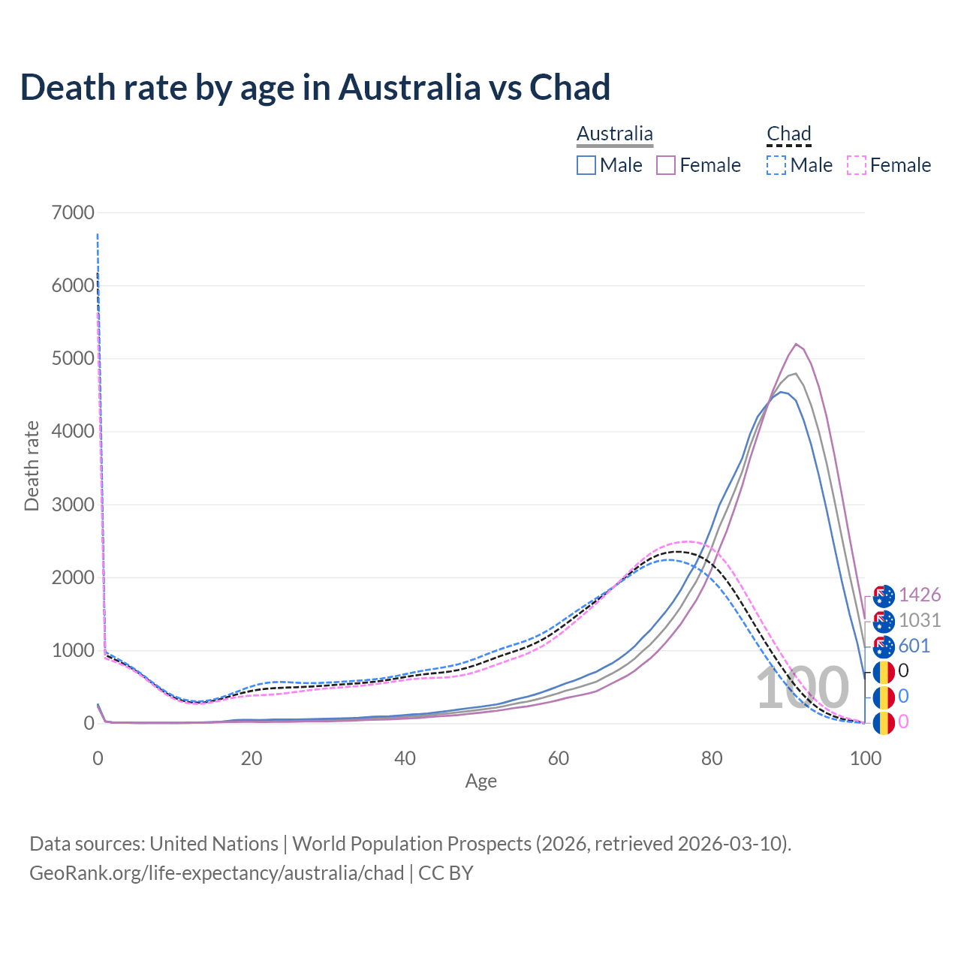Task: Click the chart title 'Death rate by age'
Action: (x=315, y=87)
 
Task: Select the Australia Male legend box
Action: (x=586, y=165)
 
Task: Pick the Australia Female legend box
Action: (x=666, y=165)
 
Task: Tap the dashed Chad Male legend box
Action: (x=776, y=165)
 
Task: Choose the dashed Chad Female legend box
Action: (x=856, y=165)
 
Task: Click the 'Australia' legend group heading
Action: (x=615, y=134)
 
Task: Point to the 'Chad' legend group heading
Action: (x=789, y=134)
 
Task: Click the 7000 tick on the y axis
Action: (x=74, y=212)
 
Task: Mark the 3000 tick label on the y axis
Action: (x=74, y=505)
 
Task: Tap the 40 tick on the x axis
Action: (x=405, y=758)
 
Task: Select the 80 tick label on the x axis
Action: (x=712, y=758)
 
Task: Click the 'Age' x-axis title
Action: (x=480, y=782)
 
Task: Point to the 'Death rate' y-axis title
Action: (x=32, y=465)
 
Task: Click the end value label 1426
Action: (x=920, y=595)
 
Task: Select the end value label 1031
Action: (x=920, y=621)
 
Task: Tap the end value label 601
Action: (x=914, y=646)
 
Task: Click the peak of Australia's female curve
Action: (x=796, y=344)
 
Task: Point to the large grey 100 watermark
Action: (x=802, y=689)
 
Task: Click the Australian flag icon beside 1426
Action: (x=884, y=595)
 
